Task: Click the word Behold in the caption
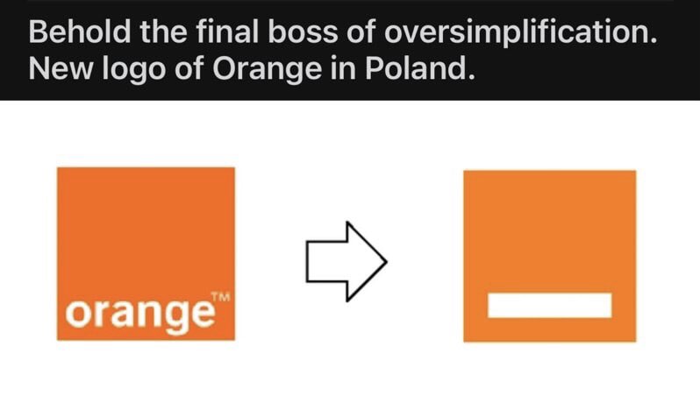point(80,32)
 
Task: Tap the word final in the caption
point(228,32)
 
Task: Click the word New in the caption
point(61,68)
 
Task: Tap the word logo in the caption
point(133,70)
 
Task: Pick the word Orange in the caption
point(267,70)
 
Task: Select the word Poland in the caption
point(419,68)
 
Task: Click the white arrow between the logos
point(346,261)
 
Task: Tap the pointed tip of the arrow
point(387,261)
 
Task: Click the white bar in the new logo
point(549,306)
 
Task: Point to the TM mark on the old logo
point(220,297)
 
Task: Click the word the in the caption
point(163,32)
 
